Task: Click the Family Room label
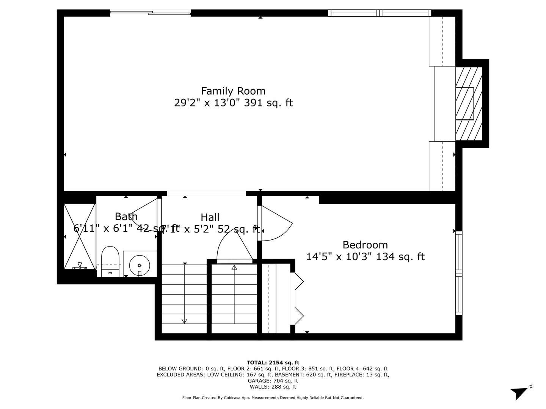point(233,91)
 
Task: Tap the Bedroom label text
point(365,245)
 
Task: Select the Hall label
point(210,217)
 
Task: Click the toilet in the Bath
point(110,261)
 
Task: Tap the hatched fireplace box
point(469,103)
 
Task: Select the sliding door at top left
point(151,13)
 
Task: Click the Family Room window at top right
point(380,13)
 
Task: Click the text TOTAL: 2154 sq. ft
point(273,362)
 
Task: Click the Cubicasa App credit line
point(273,398)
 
